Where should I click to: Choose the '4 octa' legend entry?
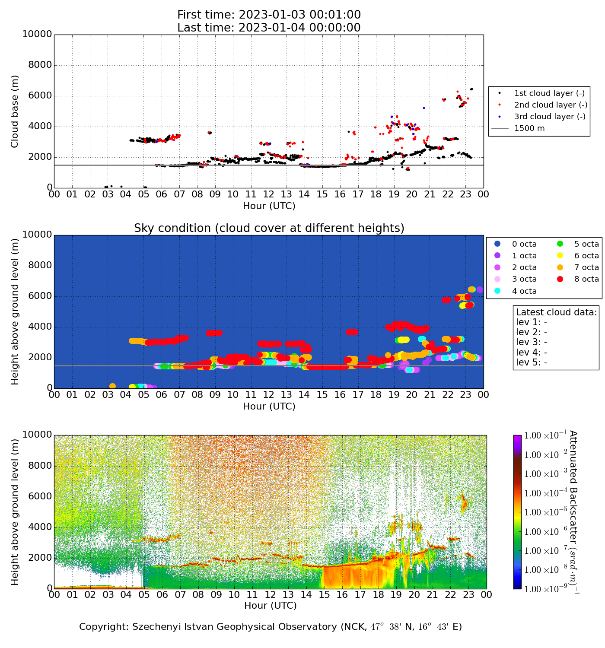click(524, 291)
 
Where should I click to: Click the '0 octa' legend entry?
click(524, 244)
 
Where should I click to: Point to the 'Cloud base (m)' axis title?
click(15, 111)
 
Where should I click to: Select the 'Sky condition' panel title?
click(269, 228)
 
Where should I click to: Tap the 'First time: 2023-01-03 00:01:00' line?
click(269, 15)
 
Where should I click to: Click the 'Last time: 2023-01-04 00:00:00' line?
click(269, 28)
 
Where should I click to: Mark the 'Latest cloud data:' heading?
click(556, 312)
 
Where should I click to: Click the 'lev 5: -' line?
click(531, 362)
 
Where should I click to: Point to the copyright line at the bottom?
click(270, 627)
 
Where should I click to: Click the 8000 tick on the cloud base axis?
click(37, 65)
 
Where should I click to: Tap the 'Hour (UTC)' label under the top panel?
click(269, 206)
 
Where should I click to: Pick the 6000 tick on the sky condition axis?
click(37, 296)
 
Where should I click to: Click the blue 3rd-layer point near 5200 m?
click(423, 108)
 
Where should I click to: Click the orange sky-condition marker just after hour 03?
click(112, 386)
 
